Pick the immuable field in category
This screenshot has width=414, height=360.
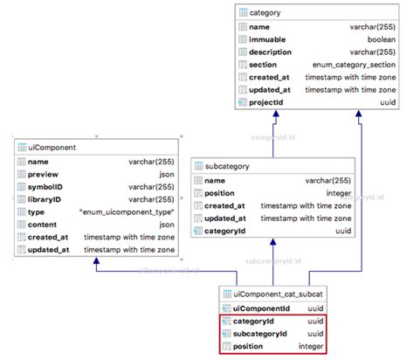(269, 39)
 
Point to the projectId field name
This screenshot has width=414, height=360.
(266, 102)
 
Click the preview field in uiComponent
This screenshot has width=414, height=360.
(43, 174)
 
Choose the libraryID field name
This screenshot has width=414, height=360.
(46, 199)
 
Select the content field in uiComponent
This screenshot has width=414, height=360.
(43, 225)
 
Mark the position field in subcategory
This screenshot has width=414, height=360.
(223, 193)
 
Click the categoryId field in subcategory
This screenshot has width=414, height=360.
(225, 231)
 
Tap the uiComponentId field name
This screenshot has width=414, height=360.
(261, 308)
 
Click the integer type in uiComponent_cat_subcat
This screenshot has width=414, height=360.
(312, 347)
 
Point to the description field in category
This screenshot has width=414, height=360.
(273, 52)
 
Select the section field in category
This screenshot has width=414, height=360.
(263, 65)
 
